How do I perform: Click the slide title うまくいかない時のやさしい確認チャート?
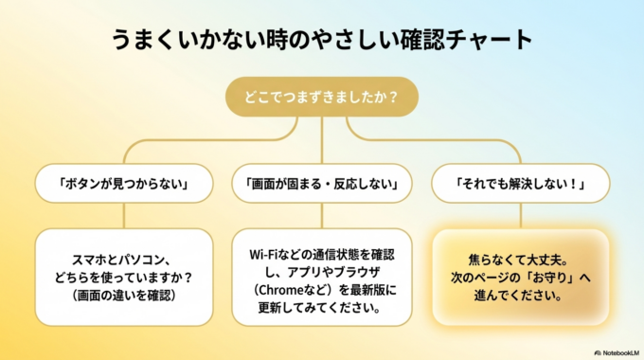tap(322, 40)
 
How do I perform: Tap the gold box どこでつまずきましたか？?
tap(322, 97)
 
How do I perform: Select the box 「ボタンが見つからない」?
tap(124, 183)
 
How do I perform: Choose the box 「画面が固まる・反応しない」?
tap(322, 183)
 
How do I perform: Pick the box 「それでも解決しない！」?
tap(520, 183)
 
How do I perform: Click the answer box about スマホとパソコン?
tap(124, 277)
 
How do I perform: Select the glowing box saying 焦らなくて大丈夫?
tap(520, 277)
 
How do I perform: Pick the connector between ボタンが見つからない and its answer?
tap(124, 215)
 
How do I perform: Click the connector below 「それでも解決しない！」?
tap(520, 215)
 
